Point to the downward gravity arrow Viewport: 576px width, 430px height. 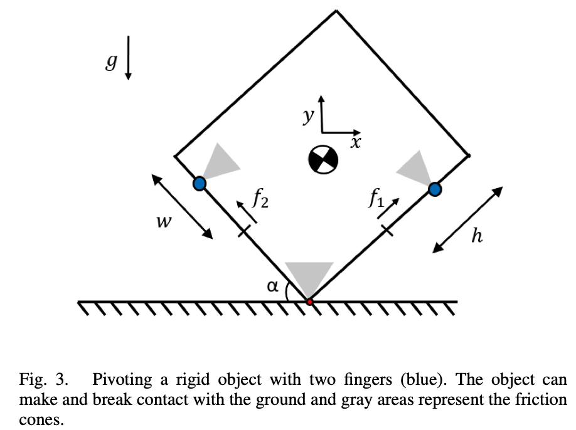pos(128,58)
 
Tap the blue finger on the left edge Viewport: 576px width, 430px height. pos(199,184)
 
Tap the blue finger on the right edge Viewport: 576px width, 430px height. pos(435,188)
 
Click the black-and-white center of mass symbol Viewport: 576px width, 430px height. pos(323,160)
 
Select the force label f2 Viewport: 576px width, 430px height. pos(261,199)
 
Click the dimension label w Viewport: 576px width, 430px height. pos(164,222)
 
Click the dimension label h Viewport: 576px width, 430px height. pos(476,236)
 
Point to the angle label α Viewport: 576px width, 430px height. pos(272,286)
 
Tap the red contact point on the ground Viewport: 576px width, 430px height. pos(309,302)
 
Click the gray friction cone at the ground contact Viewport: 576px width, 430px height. pos(309,276)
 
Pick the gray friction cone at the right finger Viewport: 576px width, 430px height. pos(414,166)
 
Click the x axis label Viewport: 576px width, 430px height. pos(356,142)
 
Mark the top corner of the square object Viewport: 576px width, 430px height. pos(337,11)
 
